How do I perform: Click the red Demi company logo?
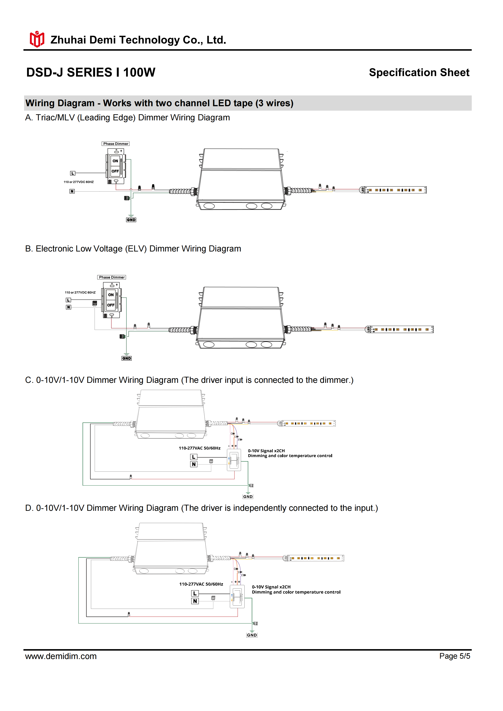click(37, 39)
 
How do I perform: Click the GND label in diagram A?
click(131, 220)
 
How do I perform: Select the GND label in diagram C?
click(248, 497)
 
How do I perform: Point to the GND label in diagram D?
click(252, 635)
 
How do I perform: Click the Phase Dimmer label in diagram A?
click(116, 144)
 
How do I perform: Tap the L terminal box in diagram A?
click(72, 173)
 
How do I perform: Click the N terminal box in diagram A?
click(72, 191)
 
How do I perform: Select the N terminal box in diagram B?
click(68, 307)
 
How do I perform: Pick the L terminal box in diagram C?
click(194, 457)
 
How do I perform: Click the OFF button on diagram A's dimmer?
click(115, 171)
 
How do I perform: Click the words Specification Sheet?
click(419, 72)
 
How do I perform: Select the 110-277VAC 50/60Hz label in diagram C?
click(199, 448)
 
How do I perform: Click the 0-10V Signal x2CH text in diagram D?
click(271, 587)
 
